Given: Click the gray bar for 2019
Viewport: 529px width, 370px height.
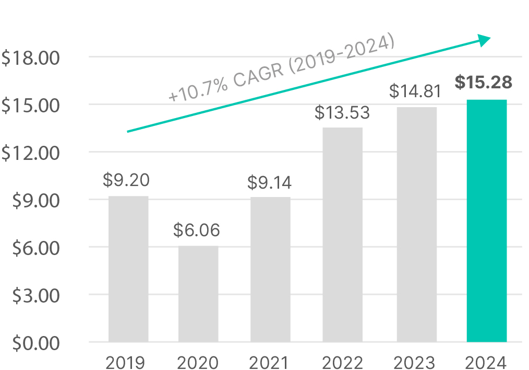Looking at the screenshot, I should pyautogui.click(x=128, y=269).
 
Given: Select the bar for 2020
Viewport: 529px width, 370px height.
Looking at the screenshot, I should pyautogui.click(x=198, y=294).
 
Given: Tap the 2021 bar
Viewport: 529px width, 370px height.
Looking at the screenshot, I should pyautogui.click(x=270, y=270).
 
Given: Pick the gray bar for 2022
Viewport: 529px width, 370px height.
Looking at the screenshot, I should pyautogui.click(x=342, y=235).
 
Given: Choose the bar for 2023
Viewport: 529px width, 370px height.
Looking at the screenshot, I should pyautogui.click(x=416, y=225).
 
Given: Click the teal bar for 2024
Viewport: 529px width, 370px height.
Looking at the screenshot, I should pyautogui.click(x=486, y=221).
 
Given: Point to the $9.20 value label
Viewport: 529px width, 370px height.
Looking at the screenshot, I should pyautogui.click(x=126, y=180).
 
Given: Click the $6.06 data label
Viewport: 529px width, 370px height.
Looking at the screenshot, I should pyautogui.click(x=197, y=230).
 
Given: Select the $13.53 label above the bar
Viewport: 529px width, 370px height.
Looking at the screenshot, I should pyautogui.click(x=342, y=112).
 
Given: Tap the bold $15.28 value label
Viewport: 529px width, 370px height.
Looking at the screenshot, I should pyautogui.click(x=483, y=83).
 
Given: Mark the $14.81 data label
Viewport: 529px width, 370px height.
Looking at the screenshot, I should pyautogui.click(x=416, y=92).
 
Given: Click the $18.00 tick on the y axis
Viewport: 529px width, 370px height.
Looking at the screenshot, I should pyautogui.click(x=31, y=57).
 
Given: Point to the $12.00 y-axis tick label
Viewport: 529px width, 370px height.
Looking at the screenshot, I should pyautogui.click(x=31, y=153).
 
